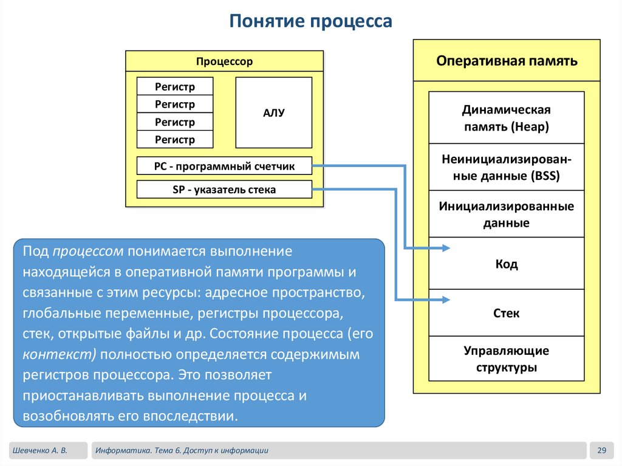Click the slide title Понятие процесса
pos(310,22)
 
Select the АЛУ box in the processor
pos(273,112)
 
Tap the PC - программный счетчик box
pos(224,166)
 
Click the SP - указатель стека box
pos(224,190)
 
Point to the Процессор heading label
pos(224,61)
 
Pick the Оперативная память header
pos(507,61)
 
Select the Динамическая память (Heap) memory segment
pos(506,118)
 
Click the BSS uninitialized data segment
pos(506,168)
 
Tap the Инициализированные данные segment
pos(506,214)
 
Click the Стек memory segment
pos(506,314)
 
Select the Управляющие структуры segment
pos(506,359)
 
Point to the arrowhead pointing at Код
pos(446,248)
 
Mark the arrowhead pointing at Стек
pos(446,300)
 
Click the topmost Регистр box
pos(175,86)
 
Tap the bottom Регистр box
pos(175,140)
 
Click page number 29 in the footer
pos(602,450)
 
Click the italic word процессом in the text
pos(88,251)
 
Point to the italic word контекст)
pos(60,354)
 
